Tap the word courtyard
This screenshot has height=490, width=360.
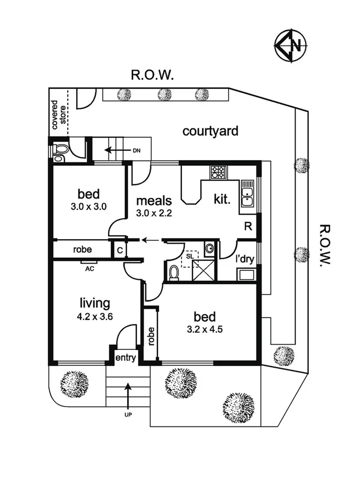tap(210, 131)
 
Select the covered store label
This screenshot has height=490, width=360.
tap(60, 115)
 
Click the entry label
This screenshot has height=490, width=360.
tap(126, 358)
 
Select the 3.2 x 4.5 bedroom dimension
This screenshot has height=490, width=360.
tap(205, 329)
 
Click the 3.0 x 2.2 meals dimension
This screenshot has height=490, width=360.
tap(151, 212)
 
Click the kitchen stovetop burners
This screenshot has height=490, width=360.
tap(218, 172)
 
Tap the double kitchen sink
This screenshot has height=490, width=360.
tap(246, 196)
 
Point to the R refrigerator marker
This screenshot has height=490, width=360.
tap(248, 226)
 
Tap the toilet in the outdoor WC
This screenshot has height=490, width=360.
tap(59, 151)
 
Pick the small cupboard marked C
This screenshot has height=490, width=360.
tap(119, 250)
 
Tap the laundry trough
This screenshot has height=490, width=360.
tap(246, 274)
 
